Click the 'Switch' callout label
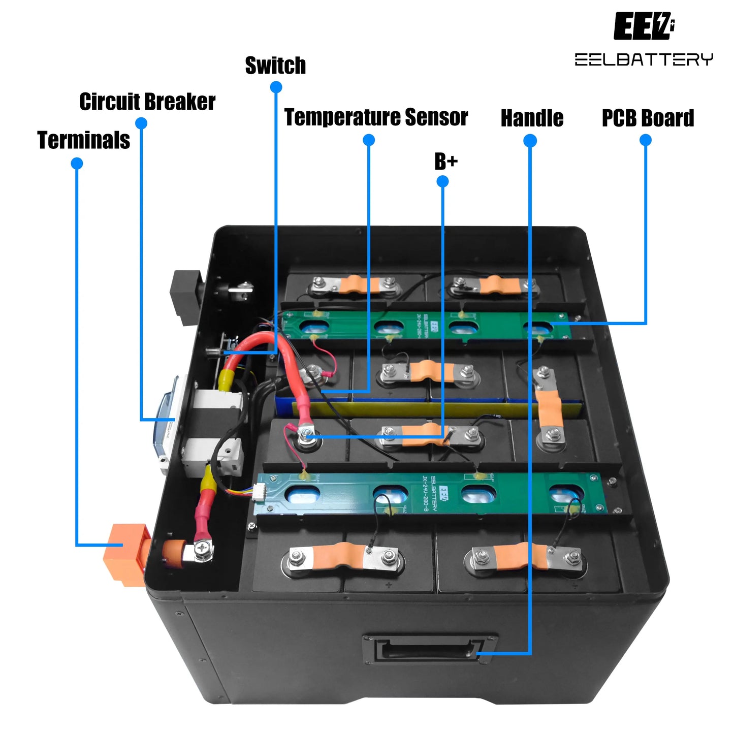[275, 66]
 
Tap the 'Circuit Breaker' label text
[147, 102]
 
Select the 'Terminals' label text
[84, 140]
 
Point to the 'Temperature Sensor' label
[376, 117]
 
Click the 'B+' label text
[446, 162]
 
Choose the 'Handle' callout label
[532, 118]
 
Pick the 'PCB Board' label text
[648, 118]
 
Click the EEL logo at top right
[644, 26]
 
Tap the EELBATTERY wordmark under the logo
[644, 59]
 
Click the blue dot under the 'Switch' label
[276, 87]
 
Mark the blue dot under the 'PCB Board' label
[645, 140]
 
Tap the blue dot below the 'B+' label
[442, 181]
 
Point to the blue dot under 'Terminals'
[77, 164]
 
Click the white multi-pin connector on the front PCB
[260, 493]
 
